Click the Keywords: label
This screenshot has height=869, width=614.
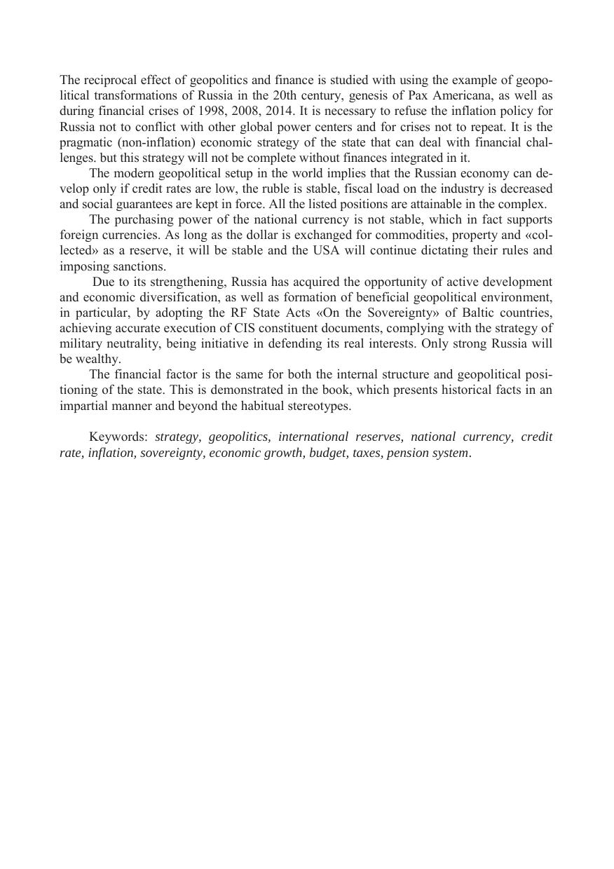point(118,437)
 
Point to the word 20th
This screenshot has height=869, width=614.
point(285,95)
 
